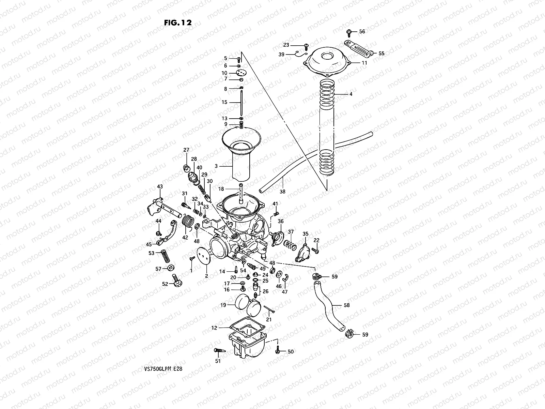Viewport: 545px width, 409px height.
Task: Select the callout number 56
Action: click(x=362, y=31)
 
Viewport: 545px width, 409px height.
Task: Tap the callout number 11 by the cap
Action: click(x=364, y=63)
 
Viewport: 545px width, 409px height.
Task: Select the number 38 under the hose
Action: click(x=282, y=192)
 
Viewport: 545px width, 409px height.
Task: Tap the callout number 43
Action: click(x=160, y=186)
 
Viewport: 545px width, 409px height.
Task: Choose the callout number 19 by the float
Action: click(x=223, y=305)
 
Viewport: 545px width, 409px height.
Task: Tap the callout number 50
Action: click(x=290, y=351)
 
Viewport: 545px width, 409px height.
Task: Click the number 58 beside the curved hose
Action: click(x=346, y=305)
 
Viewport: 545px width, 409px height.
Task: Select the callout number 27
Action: click(x=186, y=150)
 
